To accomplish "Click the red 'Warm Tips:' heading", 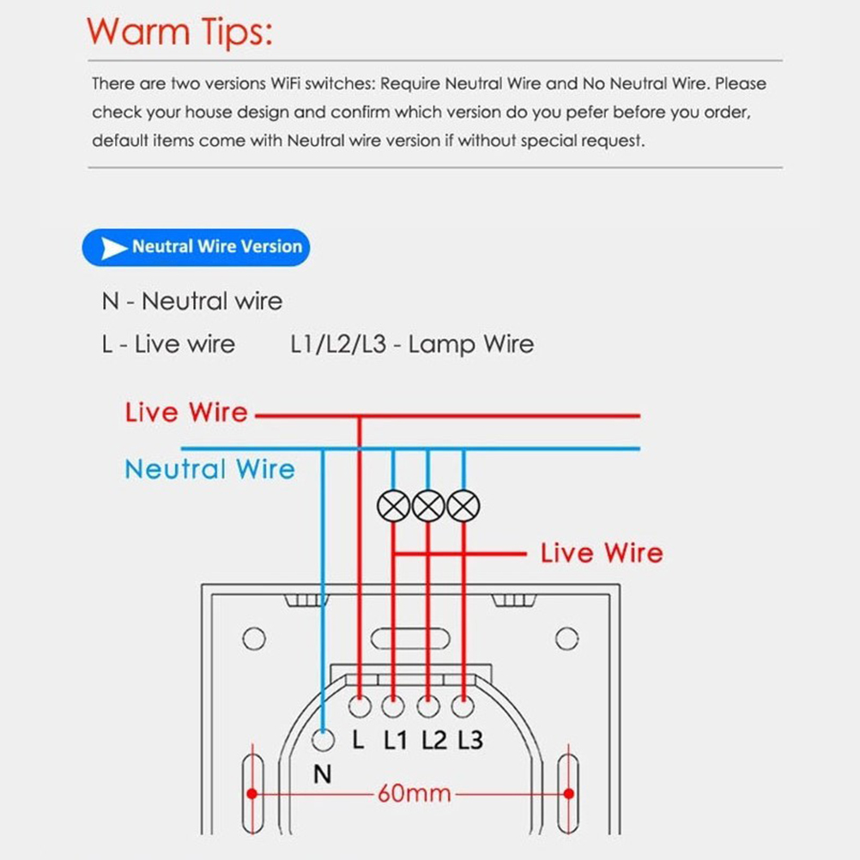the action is pyautogui.click(x=179, y=32).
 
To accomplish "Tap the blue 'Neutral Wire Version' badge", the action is pyautogui.click(x=196, y=247).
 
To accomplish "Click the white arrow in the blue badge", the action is pyautogui.click(x=114, y=248).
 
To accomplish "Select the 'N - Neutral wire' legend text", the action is pyautogui.click(x=192, y=301).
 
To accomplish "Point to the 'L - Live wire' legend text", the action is pyautogui.click(x=168, y=344).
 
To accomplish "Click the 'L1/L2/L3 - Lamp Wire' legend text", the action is pyautogui.click(x=412, y=344).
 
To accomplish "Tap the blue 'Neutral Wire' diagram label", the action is pyautogui.click(x=210, y=469).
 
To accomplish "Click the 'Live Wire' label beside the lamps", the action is pyautogui.click(x=602, y=553).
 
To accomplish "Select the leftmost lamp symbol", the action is pyautogui.click(x=393, y=506).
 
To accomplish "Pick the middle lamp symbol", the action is pyautogui.click(x=428, y=506).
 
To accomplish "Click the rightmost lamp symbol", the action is pyautogui.click(x=463, y=506).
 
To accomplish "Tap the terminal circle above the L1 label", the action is pyautogui.click(x=393, y=706).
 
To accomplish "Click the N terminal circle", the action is pyautogui.click(x=323, y=741).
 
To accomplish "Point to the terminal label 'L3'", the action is pyautogui.click(x=470, y=741).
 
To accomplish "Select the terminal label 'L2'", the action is pyautogui.click(x=434, y=741).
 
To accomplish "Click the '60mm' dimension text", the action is pyautogui.click(x=415, y=794).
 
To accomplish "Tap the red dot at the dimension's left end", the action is pyautogui.click(x=252, y=794).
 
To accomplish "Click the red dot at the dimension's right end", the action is pyautogui.click(x=569, y=794).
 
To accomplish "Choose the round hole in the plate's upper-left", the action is pyautogui.click(x=254, y=639).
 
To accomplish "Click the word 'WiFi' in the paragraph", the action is pyautogui.click(x=286, y=84).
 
